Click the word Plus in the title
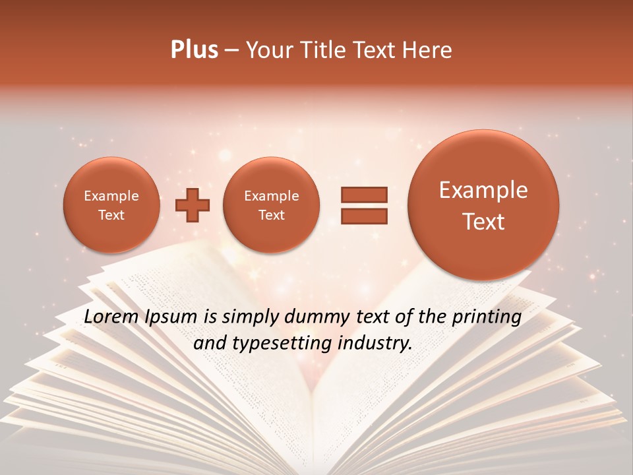[x=194, y=50]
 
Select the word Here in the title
[x=428, y=50]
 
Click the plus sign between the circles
[x=192, y=205]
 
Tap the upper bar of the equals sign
[x=363, y=195]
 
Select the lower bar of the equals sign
[x=363, y=216]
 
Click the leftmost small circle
[x=111, y=205]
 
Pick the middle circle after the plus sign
[x=271, y=205]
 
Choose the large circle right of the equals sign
[x=483, y=205]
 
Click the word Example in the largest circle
[x=483, y=190]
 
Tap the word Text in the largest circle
[x=483, y=222]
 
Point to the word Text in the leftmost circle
[x=111, y=215]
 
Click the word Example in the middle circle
[x=271, y=196]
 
